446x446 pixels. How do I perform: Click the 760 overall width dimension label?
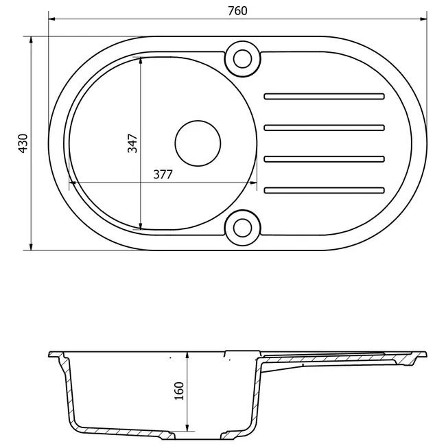pos(237,11)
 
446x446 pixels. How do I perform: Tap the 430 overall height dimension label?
pos(23,143)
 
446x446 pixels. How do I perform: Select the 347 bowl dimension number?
pos(132,143)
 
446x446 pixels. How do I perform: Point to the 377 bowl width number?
pos(163,174)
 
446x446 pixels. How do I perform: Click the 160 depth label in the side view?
pos(179,391)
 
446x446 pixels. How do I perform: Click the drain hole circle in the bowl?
pos(198,143)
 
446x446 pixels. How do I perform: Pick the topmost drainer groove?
pos(325,97)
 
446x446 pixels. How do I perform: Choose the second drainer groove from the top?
pos(325,128)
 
